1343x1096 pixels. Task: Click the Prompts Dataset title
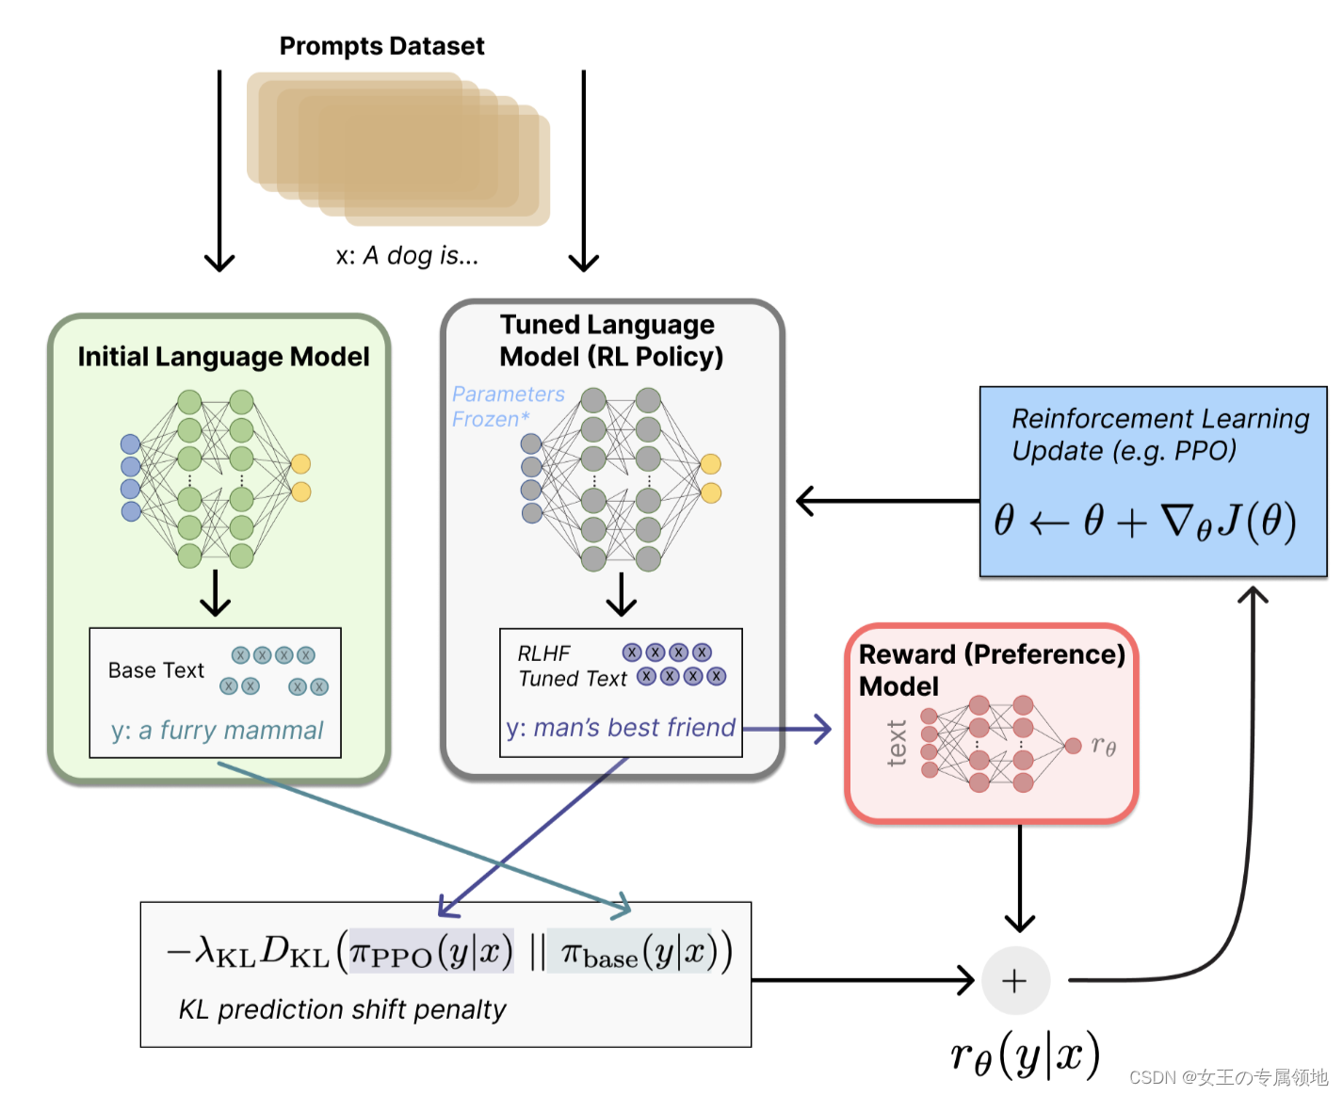coord(381,46)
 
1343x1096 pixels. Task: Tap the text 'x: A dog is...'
coord(407,256)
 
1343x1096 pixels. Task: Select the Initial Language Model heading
coord(223,357)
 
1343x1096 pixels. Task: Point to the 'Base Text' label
coord(155,670)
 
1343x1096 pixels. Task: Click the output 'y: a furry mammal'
coord(217,731)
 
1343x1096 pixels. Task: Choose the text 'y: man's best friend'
coord(621,728)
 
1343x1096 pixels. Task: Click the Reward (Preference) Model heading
coord(991,669)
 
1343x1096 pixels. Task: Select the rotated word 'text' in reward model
coord(897,743)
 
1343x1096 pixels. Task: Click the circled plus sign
coord(1015,981)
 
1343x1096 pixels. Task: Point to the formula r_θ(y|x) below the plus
coord(1025,1055)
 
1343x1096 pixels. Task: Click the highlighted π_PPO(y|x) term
coord(431,953)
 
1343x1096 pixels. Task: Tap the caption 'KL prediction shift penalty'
coord(342,1010)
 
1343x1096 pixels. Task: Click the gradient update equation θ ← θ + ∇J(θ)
coord(1145,521)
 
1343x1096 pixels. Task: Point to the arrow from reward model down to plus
coord(1020,876)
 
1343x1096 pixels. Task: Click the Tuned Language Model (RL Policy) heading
coord(610,341)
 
